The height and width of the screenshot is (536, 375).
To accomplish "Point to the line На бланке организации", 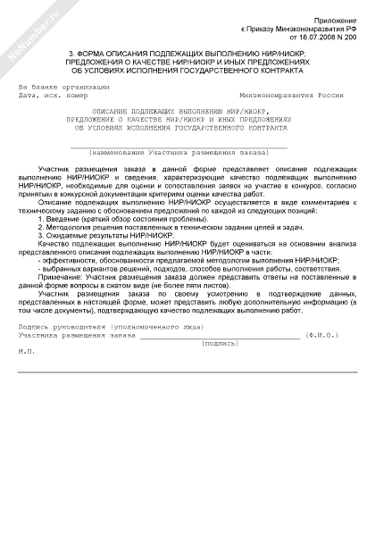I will (63, 86).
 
